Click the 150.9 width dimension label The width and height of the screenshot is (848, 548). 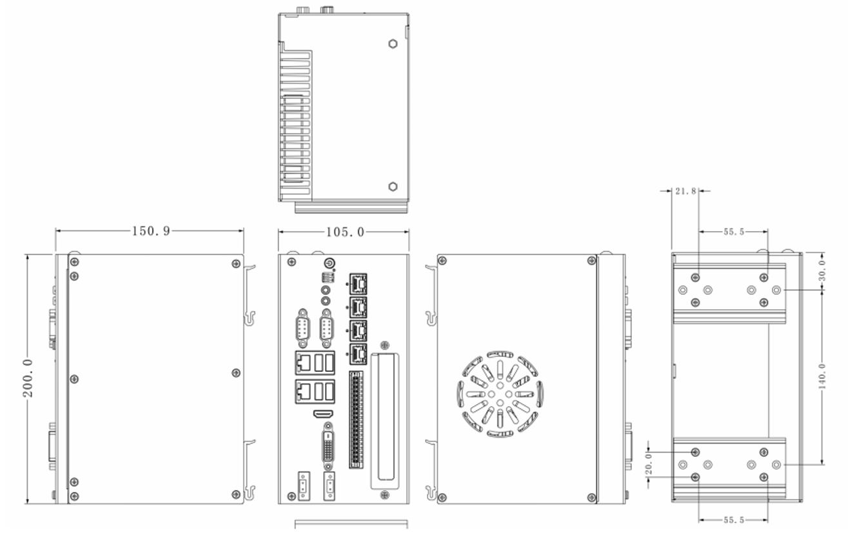pos(151,231)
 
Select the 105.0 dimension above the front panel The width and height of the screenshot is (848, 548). pos(345,232)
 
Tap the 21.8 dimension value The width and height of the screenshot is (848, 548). pos(685,191)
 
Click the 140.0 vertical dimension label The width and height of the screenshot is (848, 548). pos(822,376)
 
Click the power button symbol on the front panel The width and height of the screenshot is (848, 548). pos(328,263)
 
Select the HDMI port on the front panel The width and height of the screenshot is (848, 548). pos(322,412)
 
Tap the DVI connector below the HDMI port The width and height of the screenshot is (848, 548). pos(328,445)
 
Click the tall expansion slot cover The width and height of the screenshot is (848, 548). pos(384,420)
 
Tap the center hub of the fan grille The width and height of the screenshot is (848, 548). pos(500,394)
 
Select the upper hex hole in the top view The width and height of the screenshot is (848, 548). pos(393,44)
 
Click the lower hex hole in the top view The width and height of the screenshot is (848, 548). pos(393,187)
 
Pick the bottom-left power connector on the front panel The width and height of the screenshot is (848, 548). pos(302,486)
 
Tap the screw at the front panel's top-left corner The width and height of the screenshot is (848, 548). pos(291,261)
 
